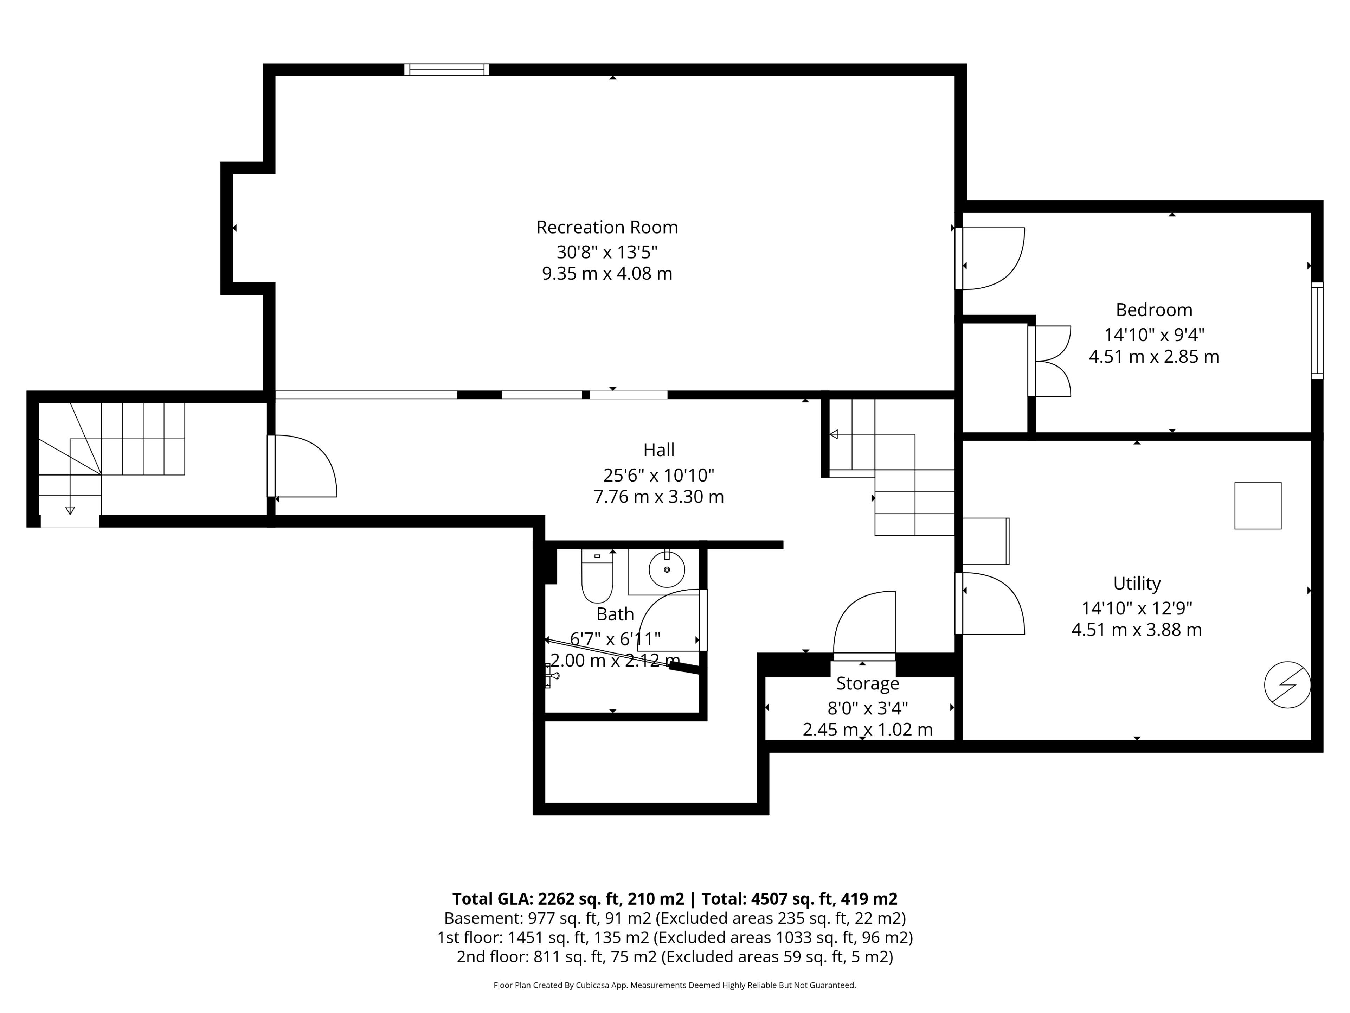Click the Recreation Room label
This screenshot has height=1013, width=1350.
point(607,227)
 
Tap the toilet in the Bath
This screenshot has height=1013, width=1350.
point(597,576)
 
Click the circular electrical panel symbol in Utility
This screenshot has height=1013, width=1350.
point(1287,685)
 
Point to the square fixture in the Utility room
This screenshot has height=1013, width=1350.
point(1258,505)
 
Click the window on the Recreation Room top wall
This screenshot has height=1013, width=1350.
point(447,70)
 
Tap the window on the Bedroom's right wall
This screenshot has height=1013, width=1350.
point(1317,330)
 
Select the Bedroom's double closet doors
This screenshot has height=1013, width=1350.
point(1050,361)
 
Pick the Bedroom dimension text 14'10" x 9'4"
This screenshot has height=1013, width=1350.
point(1154,335)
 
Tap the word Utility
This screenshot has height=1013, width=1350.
point(1137,584)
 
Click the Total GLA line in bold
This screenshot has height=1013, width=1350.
point(675,899)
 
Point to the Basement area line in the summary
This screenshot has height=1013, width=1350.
point(675,918)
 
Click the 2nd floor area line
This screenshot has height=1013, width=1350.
point(675,957)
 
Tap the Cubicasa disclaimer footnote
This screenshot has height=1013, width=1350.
point(675,985)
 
